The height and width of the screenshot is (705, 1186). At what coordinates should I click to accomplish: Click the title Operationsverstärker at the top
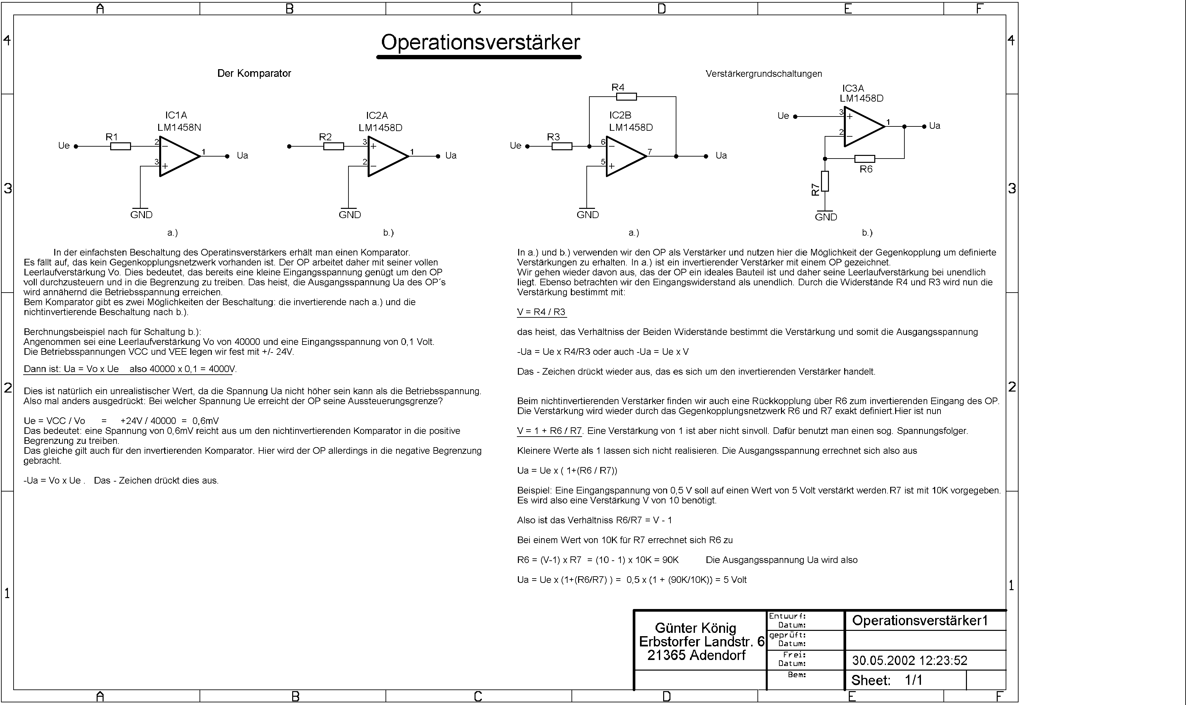click(480, 43)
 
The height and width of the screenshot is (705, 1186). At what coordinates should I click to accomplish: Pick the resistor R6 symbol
click(864, 159)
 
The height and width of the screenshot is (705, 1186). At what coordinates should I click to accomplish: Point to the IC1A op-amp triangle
click(178, 156)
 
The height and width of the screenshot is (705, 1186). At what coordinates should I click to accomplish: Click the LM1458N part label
click(179, 127)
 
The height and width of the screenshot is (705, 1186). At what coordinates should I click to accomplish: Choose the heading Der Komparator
click(254, 73)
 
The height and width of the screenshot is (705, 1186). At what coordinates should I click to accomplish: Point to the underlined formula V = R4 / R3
click(541, 312)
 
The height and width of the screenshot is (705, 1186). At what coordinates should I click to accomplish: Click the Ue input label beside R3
click(515, 145)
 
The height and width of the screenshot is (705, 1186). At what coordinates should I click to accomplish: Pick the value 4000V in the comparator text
click(222, 369)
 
